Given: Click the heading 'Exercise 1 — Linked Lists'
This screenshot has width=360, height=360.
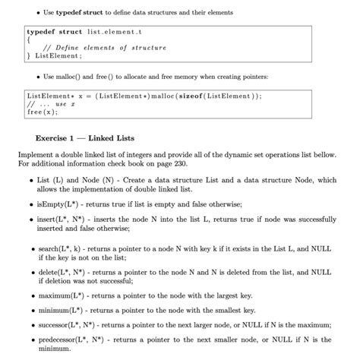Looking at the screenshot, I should [x=85, y=138].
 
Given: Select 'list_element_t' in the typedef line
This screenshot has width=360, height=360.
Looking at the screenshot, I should [x=116, y=33].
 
